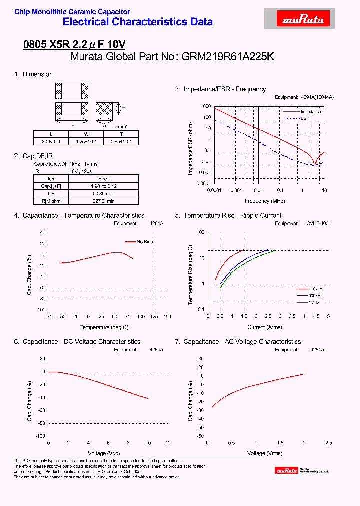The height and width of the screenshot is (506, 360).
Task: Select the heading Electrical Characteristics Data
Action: click(138, 22)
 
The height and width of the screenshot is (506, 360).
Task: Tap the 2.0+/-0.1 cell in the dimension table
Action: click(50, 141)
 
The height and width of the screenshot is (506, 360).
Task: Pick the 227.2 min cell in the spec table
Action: click(103, 200)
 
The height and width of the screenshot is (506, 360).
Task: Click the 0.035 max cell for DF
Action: click(103, 193)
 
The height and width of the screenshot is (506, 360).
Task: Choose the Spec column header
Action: click(103, 178)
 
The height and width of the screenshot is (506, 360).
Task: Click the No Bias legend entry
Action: click(145, 242)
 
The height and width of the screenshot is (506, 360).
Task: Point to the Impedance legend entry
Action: click(311, 112)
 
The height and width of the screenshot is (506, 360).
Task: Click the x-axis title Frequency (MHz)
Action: click(265, 201)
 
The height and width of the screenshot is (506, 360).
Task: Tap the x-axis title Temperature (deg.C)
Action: click(104, 327)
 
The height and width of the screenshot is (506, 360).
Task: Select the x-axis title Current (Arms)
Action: click(265, 327)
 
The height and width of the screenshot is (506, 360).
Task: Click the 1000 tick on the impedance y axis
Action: click(205, 106)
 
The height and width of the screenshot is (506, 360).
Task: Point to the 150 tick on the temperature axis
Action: click(167, 317)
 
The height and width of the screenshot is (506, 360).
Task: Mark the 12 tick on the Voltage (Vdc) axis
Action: click(168, 443)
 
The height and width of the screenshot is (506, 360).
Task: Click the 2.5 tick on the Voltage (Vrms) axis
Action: click(328, 443)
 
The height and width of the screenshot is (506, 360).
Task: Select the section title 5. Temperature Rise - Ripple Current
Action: click(228, 215)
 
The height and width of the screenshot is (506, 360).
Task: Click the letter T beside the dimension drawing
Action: click(124, 109)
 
